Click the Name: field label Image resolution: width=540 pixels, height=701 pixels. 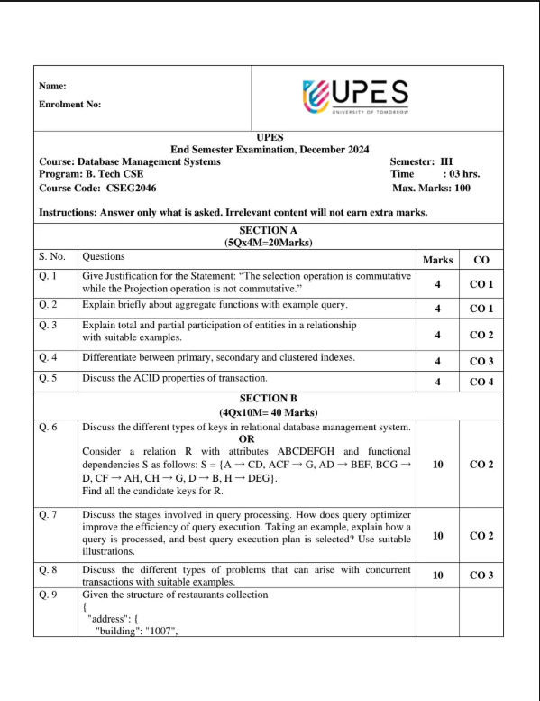[53, 87]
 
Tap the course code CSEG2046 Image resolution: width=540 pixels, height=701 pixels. [97, 188]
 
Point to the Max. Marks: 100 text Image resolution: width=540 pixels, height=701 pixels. [432, 188]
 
